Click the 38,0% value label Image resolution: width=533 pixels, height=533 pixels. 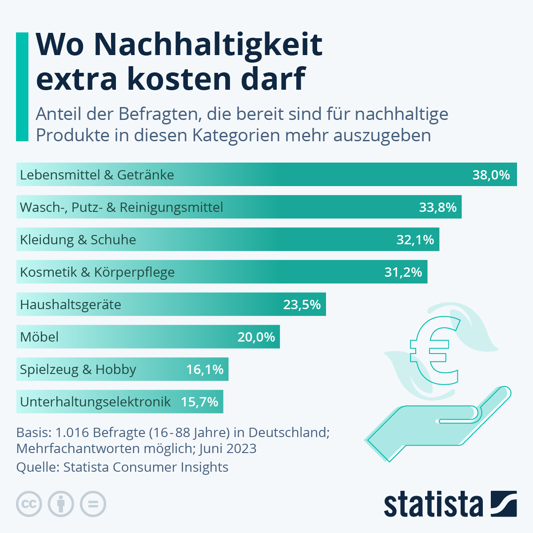point(491,175)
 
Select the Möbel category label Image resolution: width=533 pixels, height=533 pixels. point(39,337)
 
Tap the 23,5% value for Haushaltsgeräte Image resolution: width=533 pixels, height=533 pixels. point(302,305)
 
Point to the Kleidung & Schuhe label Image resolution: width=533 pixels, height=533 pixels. point(78,240)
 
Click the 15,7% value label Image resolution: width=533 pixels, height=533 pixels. point(199,402)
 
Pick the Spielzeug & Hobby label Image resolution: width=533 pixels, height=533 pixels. point(78,370)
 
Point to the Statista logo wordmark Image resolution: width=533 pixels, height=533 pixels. point(433,504)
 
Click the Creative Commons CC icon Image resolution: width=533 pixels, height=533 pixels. point(29,504)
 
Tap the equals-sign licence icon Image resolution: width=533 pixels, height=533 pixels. point(93,504)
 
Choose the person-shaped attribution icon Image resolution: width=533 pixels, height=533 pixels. point(61,504)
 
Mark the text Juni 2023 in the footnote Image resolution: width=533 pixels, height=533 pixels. point(228,449)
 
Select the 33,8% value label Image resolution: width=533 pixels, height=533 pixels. point(438,207)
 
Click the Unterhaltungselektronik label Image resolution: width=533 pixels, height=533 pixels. point(95,402)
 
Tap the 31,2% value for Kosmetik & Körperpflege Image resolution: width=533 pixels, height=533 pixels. point(403,272)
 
